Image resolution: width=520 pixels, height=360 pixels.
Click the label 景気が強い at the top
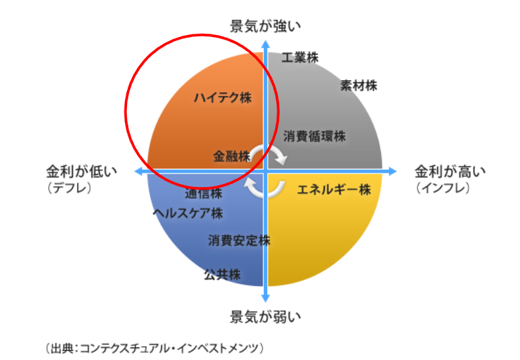coord(265,26)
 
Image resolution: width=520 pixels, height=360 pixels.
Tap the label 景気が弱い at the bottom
coord(265,317)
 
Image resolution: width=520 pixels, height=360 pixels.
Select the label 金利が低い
coord(81,171)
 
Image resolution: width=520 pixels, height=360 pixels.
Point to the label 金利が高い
coord(450,171)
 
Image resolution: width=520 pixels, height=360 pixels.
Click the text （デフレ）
coord(69,188)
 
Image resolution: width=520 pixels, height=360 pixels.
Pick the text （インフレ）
coord(443,188)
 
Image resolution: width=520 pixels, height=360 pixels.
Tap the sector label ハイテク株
coord(223,98)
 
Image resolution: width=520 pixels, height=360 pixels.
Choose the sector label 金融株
coord(232,156)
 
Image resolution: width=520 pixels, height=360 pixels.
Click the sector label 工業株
coord(300,58)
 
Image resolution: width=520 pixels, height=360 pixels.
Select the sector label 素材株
coord(359,86)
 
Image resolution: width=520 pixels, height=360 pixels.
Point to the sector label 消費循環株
coord(314,136)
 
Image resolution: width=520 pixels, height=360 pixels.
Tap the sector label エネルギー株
coord(334,190)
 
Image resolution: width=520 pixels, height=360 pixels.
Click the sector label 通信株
coord(203,193)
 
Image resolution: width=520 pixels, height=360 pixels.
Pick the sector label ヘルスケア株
coord(188,213)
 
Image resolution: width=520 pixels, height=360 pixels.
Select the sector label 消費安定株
coord(239,241)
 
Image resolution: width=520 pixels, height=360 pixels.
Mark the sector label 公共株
coord(222,275)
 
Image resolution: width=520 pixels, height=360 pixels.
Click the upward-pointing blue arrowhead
coord(266,44)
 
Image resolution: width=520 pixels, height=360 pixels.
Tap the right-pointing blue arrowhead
coord(392,171)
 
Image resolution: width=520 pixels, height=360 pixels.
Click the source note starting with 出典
coord(154,348)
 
